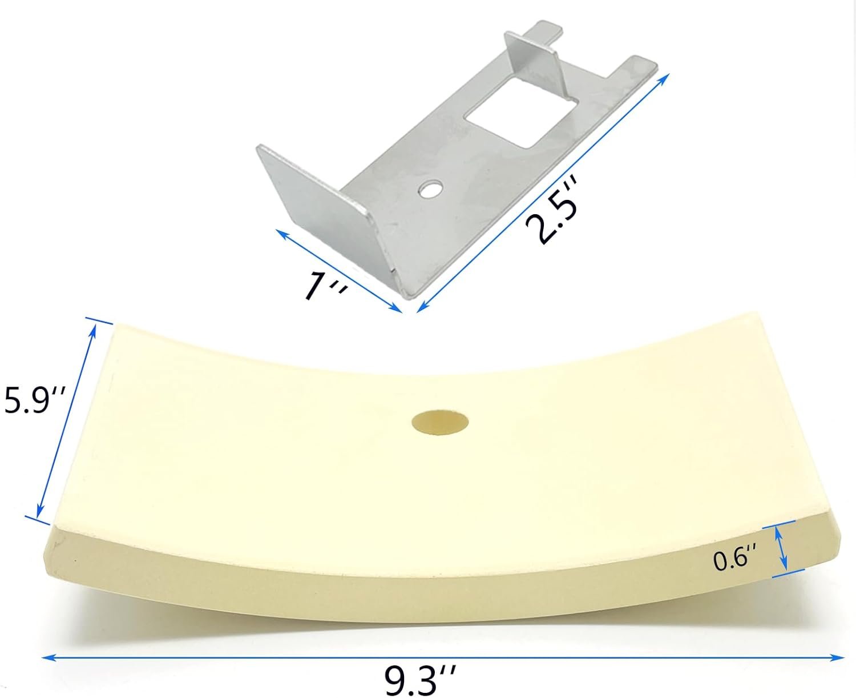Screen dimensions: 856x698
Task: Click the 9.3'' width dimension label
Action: [421, 680]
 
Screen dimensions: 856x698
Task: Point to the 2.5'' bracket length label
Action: [552, 212]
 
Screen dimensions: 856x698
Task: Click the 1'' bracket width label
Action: [325, 284]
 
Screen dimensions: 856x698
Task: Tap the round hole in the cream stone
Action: [440, 423]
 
